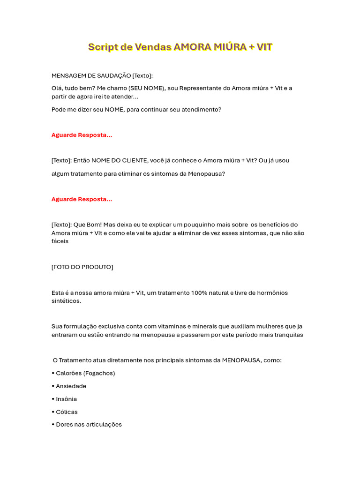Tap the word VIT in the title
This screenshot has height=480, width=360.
(264, 47)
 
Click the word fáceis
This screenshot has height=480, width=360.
(60, 241)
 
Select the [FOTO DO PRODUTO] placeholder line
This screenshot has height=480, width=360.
(82, 267)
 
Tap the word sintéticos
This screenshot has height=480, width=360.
(66, 301)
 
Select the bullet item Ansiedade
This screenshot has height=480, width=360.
(71, 386)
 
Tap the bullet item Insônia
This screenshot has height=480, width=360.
(66, 399)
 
